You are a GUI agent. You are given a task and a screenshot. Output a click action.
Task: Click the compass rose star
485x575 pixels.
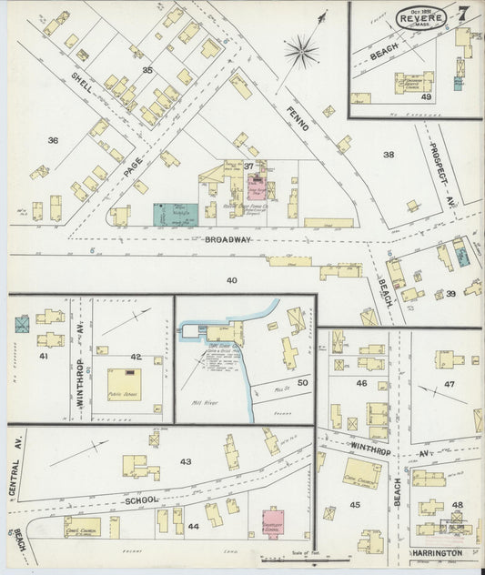[x=301, y=51]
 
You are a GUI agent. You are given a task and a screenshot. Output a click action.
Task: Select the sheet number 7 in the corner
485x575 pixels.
[x=464, y=14]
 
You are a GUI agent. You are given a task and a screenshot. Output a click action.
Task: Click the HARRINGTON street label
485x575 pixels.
[x=443, y=552]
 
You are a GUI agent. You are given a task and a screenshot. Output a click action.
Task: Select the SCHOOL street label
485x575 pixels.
[x=144, y=500]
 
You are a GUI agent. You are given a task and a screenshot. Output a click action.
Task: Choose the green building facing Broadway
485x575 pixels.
[x=173, y=215]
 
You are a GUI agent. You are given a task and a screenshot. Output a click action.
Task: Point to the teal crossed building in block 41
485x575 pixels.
[x=22, y=323]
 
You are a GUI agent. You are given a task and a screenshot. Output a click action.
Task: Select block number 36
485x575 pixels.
[x=53, y=140]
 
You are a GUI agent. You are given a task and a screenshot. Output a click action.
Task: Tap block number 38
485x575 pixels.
[x=389, y=155]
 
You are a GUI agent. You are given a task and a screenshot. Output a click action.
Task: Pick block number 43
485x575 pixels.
[x=186, y=461]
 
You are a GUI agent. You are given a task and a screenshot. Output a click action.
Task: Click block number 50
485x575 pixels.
[x=302, y=385]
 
